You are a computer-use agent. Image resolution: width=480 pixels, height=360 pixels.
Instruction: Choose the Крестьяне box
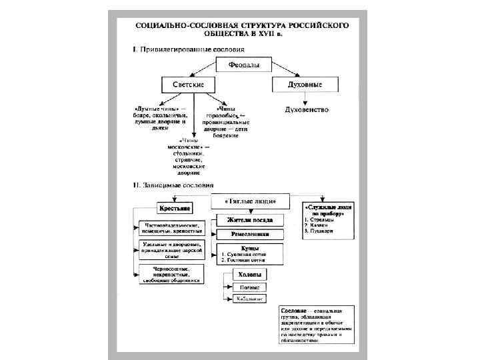pyautogui.click(x=174, y=209)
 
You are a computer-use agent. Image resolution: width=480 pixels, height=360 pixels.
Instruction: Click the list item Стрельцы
pyautogui.click(x=322, y=218)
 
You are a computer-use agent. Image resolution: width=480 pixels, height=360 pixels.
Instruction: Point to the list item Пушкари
pyautogui.click(x=321, y=231)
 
